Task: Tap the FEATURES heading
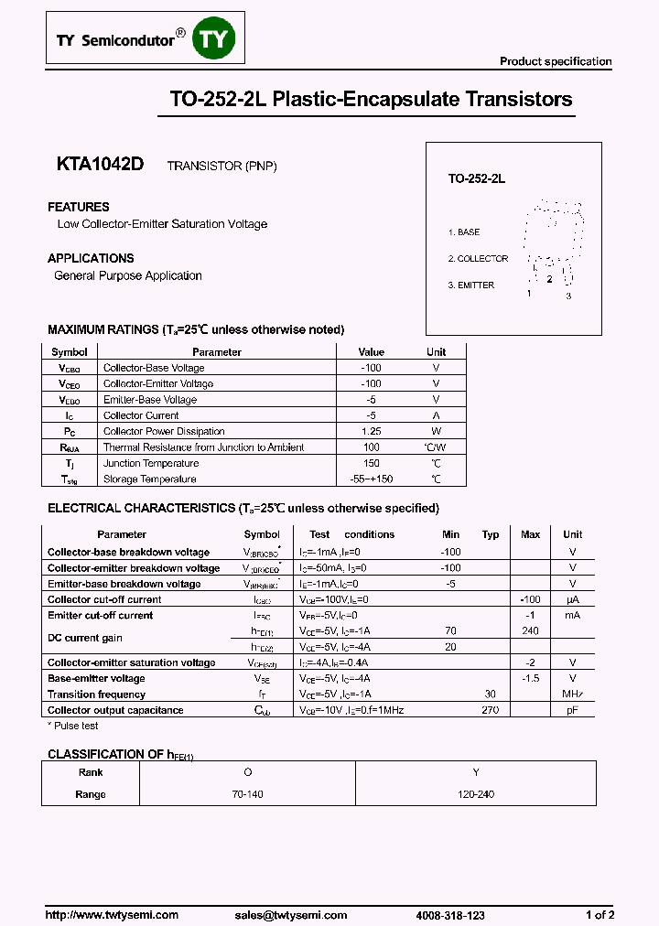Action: tap(79, 207)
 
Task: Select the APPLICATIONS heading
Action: tap(91, 258)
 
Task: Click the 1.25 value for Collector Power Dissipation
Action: tap(371, 431)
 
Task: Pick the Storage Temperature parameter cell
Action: tap(149, 479)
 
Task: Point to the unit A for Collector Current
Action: tap(436, 415)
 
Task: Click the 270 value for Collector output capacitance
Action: tap(491, 710)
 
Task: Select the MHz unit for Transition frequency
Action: tap(572, 694)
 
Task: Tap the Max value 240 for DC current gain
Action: tap(530, 631)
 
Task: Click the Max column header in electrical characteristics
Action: tap(530, 534)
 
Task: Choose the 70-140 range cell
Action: tap(247, 794)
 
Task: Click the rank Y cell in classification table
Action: tap(477, 771)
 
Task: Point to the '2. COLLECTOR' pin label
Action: tap(478, 259)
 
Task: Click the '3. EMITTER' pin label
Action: tap(471, 285)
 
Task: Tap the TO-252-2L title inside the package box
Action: tap(476, 180)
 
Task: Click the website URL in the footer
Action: tap(112, 915)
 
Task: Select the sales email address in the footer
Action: tap(290, 915)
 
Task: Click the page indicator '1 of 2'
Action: tap(600, 915)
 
